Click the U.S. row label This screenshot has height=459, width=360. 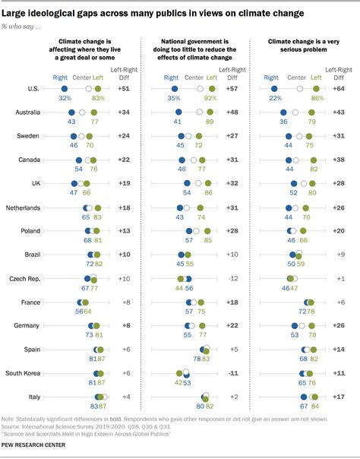pyautogui.click(x=33, y=89)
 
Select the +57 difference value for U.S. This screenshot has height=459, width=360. pyautogui.click(x=231, y=89)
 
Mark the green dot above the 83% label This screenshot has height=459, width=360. pyautogui.click(x=97, y=89)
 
